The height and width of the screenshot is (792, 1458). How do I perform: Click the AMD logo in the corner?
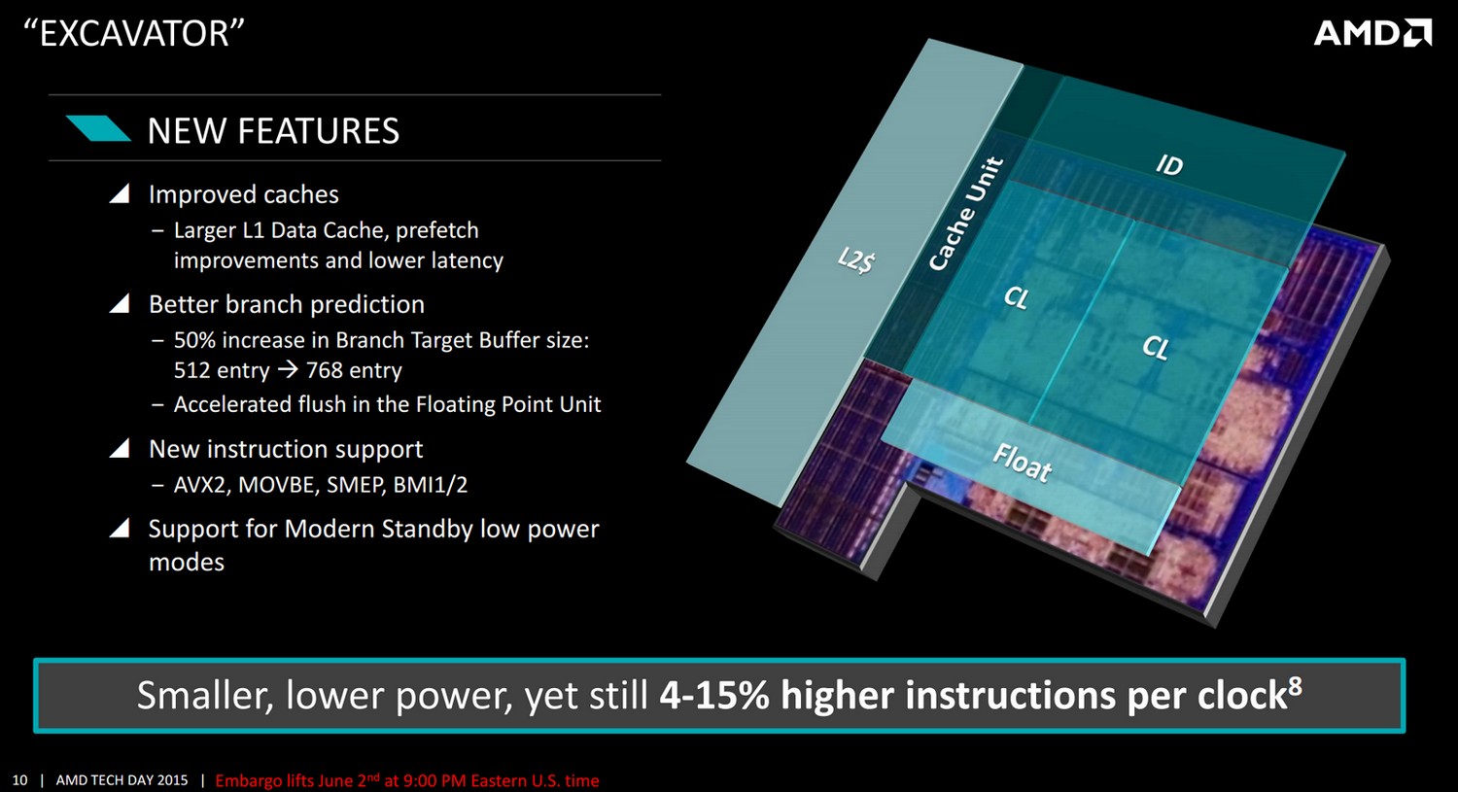tap(1372, 33)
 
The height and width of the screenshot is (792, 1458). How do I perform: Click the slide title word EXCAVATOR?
tap(134, 33)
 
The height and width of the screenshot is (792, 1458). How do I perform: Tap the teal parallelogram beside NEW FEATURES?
tap(98, 128)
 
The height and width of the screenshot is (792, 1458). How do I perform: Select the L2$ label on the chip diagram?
tap(856, 260)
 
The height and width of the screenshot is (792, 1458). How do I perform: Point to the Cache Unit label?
tap(965, 214)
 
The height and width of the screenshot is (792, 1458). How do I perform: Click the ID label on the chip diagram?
tap(1169, 164)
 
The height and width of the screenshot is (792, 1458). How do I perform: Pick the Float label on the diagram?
tap(1022, 462)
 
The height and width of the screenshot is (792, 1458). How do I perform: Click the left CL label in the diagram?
tap(1016, 297)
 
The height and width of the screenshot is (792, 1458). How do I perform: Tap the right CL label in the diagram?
tap(1156, 348)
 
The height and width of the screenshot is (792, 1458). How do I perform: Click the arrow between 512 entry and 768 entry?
tap(288, 370)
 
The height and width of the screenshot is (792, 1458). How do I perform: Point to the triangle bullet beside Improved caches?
tap(120, 193)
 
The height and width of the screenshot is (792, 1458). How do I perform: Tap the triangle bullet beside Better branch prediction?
tap(120, 303)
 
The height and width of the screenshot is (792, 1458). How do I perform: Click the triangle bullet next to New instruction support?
tap(120, 448)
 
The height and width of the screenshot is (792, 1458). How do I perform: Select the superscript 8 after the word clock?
tap(1296, 686)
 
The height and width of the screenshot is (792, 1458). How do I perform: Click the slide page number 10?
tap(20, 780)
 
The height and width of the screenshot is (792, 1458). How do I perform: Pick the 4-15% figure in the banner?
tap(714, 695)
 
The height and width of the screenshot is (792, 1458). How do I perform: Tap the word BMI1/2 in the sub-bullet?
tap(431, 486)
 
